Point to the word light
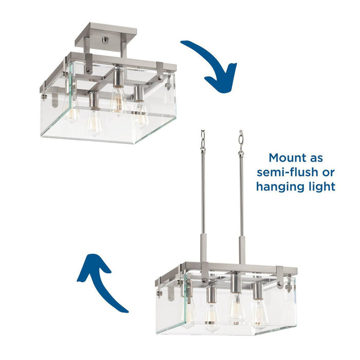point(322,186)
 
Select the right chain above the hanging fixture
point(240,141)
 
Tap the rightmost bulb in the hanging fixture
point(258,313)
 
